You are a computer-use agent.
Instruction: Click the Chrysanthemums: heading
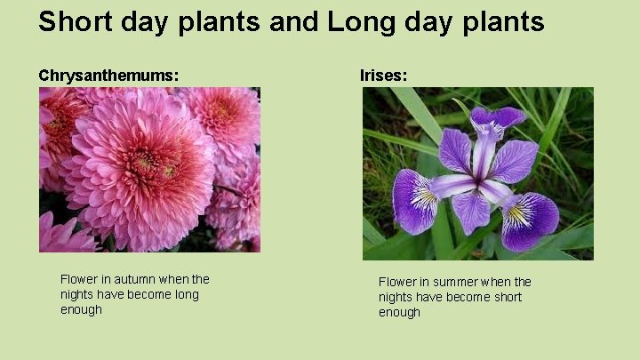[108, 76]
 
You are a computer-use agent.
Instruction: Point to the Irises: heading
[383, 76]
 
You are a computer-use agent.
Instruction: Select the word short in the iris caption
[505, 297]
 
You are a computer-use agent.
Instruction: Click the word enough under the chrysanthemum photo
[81, 309]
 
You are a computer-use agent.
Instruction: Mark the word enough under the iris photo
[399, 312]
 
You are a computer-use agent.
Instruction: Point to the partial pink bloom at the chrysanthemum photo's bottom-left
[60, 235]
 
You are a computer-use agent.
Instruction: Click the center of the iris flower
[481, 182]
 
